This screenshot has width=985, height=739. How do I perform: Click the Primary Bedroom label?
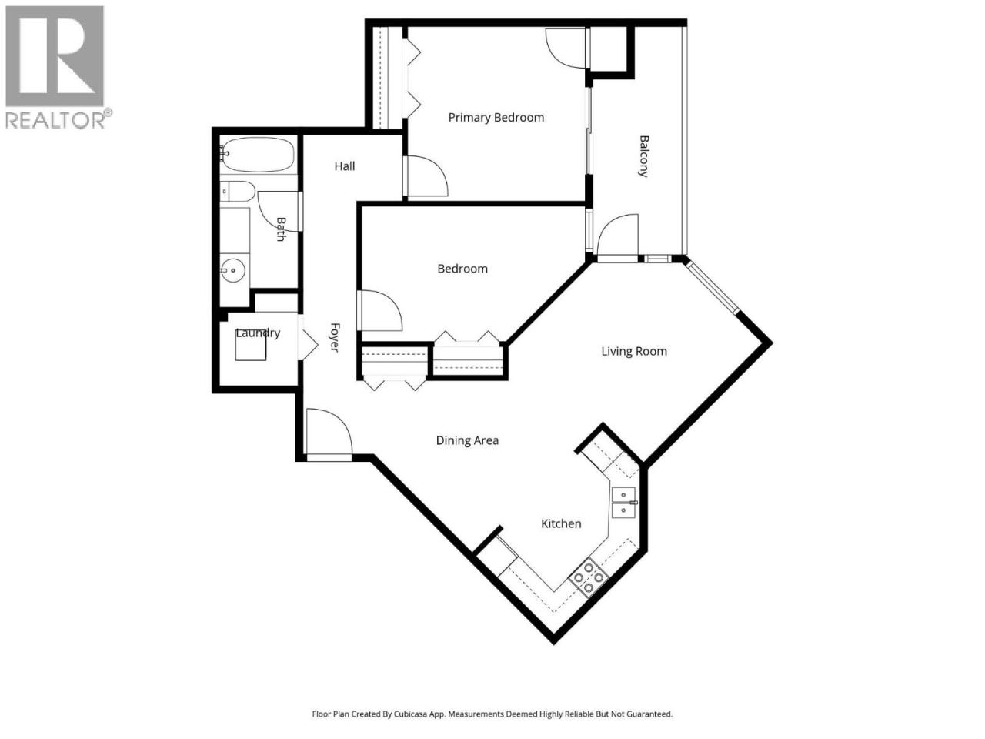[496, 118]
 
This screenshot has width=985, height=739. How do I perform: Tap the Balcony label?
[643, 156]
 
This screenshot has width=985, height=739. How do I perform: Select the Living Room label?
[633, 351]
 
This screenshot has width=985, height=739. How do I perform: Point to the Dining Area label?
[467, 440]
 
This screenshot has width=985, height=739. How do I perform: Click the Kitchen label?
[561, 523]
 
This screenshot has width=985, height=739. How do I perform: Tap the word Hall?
[345, 166]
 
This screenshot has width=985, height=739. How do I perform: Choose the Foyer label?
[335, 337]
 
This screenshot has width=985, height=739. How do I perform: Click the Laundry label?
[258, 333]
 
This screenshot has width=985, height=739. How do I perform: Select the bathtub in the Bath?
[258, 155]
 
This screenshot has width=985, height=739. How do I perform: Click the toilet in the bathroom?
[239, 192]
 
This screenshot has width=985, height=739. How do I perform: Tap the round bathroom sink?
[233, 270]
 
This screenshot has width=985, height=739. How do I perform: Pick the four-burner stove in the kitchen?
[588, 578]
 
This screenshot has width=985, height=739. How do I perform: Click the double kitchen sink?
[624, 503]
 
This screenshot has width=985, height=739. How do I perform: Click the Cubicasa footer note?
[492, 714]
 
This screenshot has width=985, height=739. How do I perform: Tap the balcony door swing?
[617, 239]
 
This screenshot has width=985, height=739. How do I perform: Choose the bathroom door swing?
[279, 211]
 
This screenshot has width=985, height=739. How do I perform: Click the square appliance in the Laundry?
[251, 346]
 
